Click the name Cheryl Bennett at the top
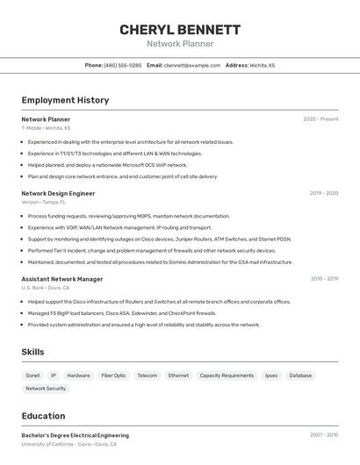(180, 29)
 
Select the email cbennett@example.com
(192, 65)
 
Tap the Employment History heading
(65, 100)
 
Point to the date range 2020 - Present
(320, 119)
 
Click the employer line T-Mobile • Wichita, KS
(46, 128)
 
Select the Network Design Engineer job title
(58, 193)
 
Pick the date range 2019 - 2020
(323, 193)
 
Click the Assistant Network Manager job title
(62, 279)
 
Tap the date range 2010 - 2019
(323, 279)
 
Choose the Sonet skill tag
(32, 376)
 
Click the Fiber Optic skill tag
(113, 376)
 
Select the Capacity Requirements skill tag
(227, 376)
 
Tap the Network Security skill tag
(46, 388)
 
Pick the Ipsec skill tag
(271, 376)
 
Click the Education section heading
(43, 416)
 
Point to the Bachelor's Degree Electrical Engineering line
(75, 435)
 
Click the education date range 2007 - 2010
(323, 435)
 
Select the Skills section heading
(33, 352)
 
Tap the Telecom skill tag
(148, 376)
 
